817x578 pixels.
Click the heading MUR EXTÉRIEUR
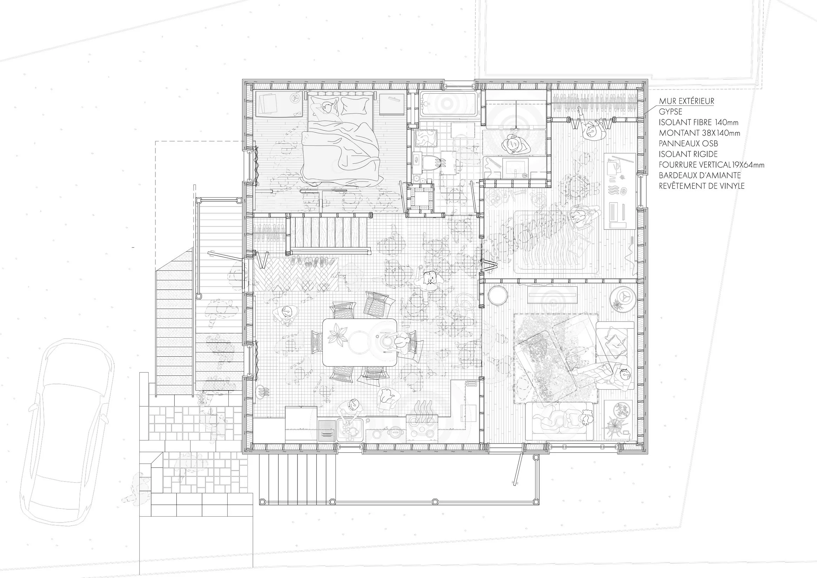pos(687,101)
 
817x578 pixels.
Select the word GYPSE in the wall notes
pos(670,112)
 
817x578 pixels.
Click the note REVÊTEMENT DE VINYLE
pos(701,186)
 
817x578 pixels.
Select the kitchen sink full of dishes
pos(350,430)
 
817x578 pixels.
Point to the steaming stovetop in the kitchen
pos(423,421)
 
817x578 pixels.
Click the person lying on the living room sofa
pos(566,419)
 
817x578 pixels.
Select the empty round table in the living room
pos(498,295)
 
